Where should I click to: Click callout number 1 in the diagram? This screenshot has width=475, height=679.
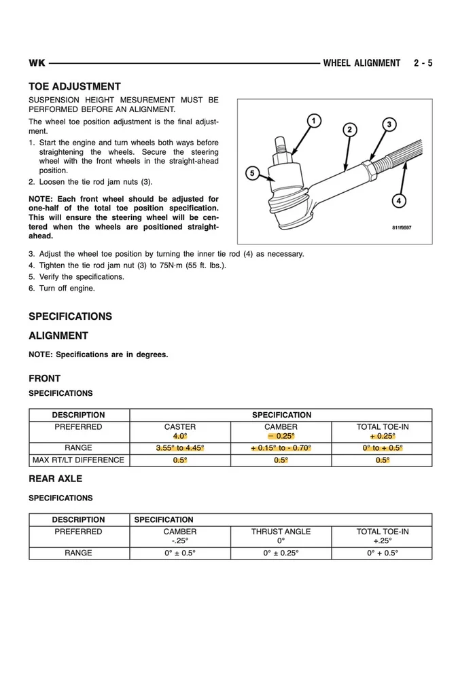(x=313, y=121)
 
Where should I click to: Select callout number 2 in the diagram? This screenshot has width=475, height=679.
(x=349, y=130)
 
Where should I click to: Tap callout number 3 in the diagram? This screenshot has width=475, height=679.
(x=389, y=124)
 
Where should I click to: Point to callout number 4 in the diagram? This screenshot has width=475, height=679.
(x=399, y=200)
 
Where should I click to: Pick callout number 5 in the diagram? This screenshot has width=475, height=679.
(x=252, y=174)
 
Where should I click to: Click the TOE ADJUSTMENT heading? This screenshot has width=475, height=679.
(x=75, y=87)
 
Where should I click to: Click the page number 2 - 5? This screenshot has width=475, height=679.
(x=422, y=63)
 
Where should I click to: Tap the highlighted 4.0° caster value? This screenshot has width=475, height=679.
(x=180, y=436)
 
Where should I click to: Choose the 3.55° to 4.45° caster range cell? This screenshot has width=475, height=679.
(x=180, y=448)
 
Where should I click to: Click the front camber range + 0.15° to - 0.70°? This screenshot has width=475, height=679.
(x=281, y=448)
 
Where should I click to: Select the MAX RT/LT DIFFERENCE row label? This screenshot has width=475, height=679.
(x=79, y=460)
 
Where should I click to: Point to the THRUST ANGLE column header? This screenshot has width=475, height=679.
(x=281, y=532)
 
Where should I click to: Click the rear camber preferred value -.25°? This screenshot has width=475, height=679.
(x=180, y=541)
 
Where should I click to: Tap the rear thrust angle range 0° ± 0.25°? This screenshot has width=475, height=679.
(x=281, y=553)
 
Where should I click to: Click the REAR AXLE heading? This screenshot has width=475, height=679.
(x=55, y=479)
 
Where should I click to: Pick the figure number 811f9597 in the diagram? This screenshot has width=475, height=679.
(x=401, y=228)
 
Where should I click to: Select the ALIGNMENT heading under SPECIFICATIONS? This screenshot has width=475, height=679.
(x=58, y=335)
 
